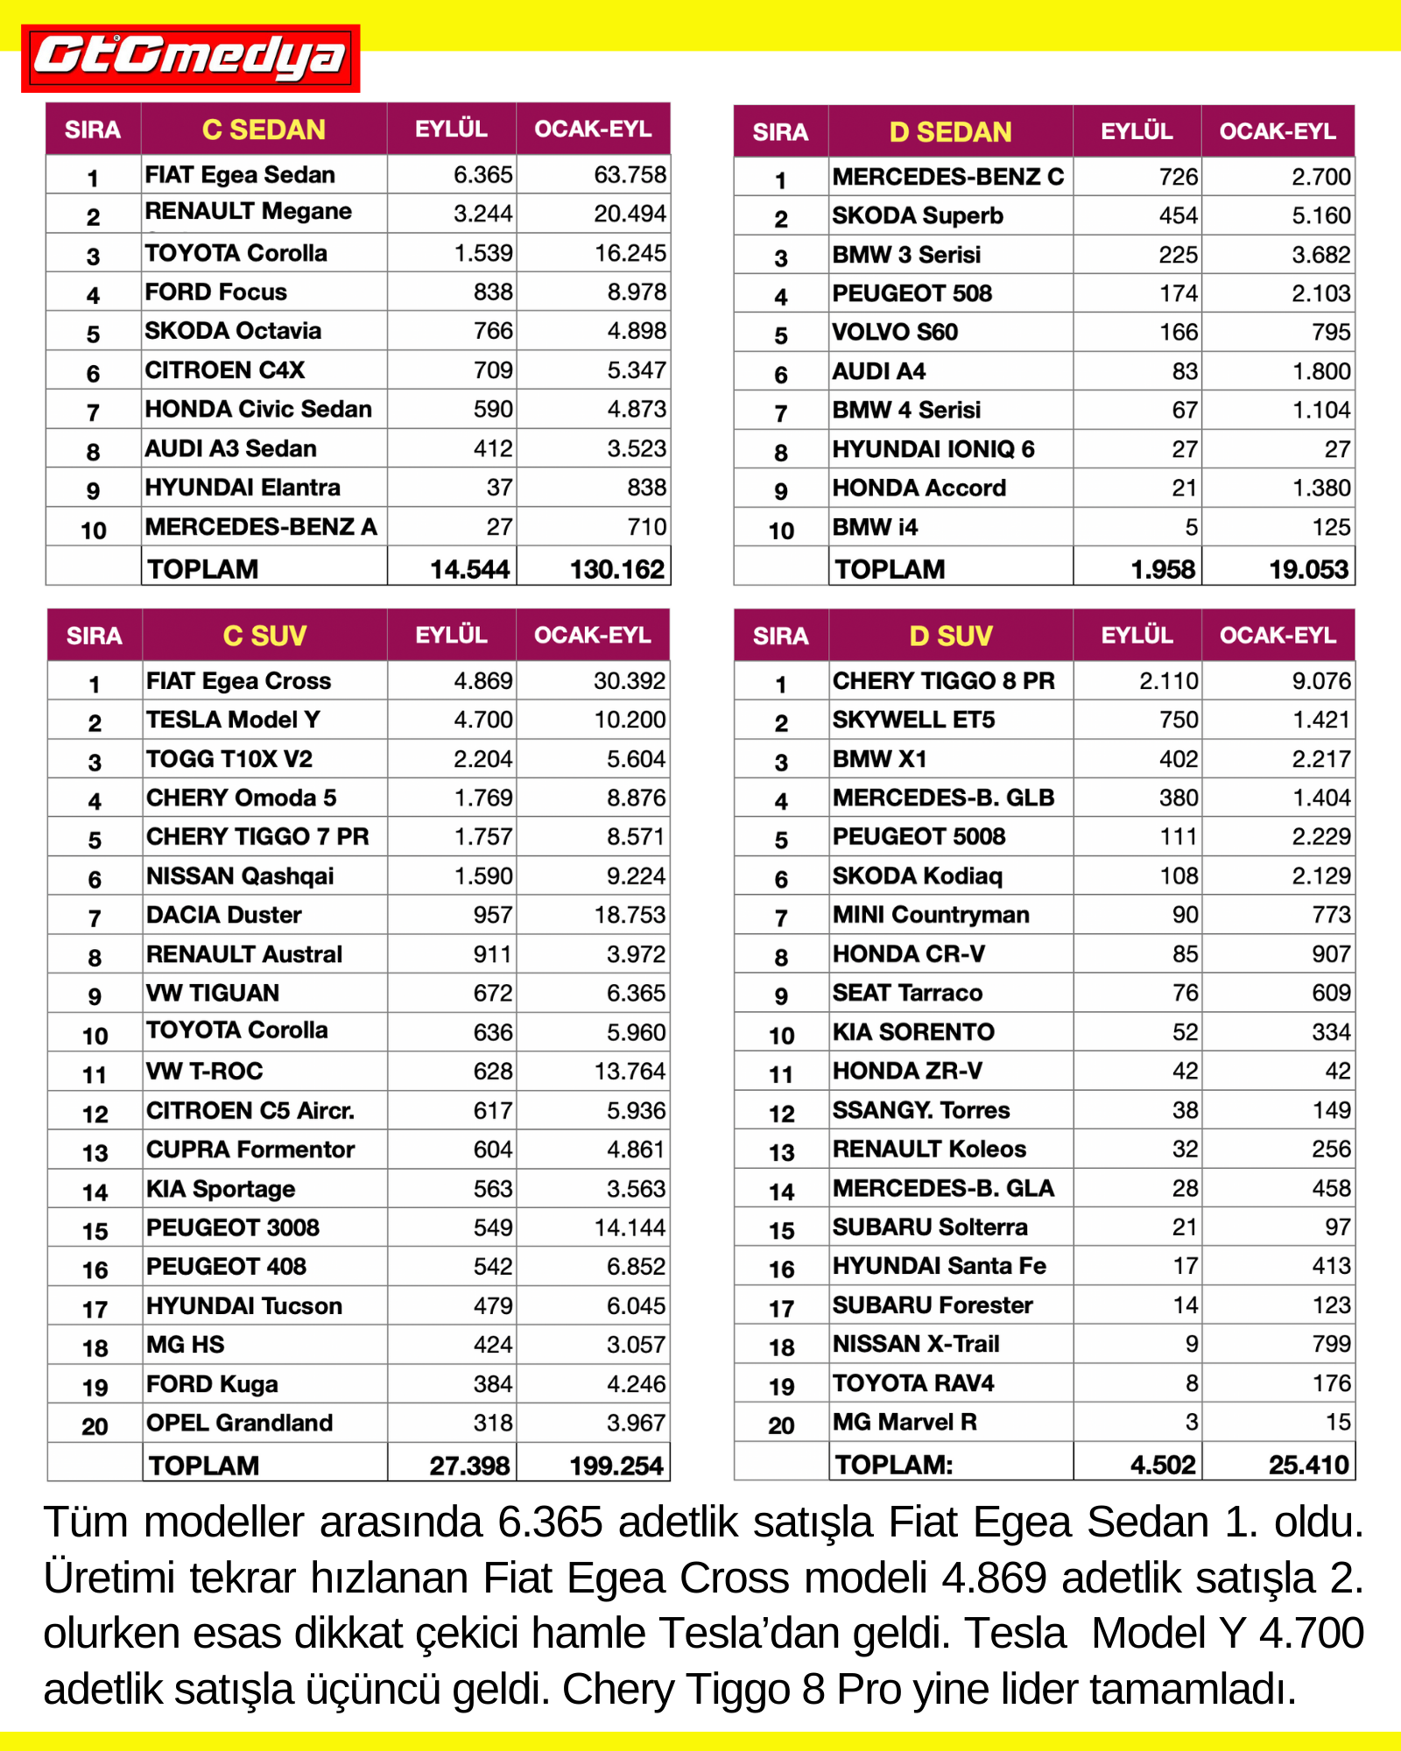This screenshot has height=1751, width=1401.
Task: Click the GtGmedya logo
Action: pos(190,58)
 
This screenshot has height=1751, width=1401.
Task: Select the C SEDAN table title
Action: pos(264,130)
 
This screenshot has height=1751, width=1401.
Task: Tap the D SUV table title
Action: pos(950,636)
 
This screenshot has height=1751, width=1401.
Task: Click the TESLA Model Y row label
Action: pos(233,720)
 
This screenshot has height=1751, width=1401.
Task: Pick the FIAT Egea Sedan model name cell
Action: pos(240,175)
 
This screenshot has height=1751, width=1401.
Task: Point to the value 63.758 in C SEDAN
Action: pos(630,175)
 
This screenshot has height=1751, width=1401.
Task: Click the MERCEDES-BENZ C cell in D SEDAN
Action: pos(947,177)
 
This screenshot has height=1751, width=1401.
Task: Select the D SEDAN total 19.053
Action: pos(1308,569)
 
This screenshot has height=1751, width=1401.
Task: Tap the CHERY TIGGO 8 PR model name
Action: pos(943,681)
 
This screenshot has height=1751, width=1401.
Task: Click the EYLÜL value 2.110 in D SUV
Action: pos(1168,681)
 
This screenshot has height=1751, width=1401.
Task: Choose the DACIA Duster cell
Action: pos(223,915)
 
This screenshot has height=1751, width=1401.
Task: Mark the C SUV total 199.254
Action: pos(616,1466)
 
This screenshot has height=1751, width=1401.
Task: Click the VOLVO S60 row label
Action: pos(895,333)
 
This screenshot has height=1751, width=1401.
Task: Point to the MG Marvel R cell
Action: pos(905,1422)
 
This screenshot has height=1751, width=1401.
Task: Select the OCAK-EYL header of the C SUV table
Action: pos(593,636)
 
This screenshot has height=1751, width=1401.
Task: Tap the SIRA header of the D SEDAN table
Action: pos(780,132)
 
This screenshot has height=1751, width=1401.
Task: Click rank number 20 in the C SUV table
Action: pos(95,1426)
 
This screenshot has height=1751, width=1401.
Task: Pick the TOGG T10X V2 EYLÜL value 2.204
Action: pos(482,759)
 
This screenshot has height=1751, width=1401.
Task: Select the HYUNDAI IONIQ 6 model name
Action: pos(933,449)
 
